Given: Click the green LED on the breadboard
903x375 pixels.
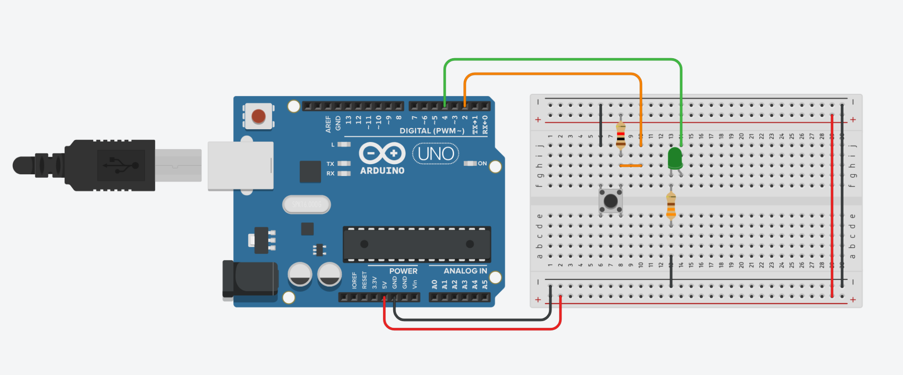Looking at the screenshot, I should pyautogui.click(x=675, y=158).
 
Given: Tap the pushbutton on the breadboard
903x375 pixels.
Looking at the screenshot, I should pyautogui.click(x=610, y=201).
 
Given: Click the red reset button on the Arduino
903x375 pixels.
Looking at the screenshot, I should pyautogui.click(x=258, y=116).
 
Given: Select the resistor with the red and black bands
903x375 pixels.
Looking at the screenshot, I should pyautogui.click(x=620, y=136).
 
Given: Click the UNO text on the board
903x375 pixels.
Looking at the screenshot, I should pyautogui.click(x=436, y=154).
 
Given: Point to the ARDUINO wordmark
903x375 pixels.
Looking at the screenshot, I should pyautogui.click(x=382, y=171).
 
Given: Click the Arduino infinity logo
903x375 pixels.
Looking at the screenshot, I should pyautogui.click(x=382, y=153).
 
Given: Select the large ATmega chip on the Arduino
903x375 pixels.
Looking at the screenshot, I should pyautogui.click(x=417, y=244).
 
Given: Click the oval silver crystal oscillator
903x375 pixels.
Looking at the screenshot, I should pyautogui.click(x=306, y=205).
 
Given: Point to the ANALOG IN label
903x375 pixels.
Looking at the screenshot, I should pyautogui.click(x=465, y=271).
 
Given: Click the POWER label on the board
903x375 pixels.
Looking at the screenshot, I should pyautogui.click(x=403, y=271).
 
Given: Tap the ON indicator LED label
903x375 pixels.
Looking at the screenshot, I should pyautogui.click(x=482, y=163).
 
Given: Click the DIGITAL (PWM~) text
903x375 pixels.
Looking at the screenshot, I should pyautogui.click(x=432, y=131).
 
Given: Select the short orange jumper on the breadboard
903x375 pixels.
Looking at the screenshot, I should pyautogui.click(x=631, y=165).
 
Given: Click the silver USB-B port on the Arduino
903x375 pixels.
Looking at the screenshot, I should pyautogui.click(x=241, y=166).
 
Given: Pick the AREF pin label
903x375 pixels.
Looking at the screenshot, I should pyautogui.click(x=328, y=124).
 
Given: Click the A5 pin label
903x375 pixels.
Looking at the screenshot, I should pyautogui.click(x=485, y=285).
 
